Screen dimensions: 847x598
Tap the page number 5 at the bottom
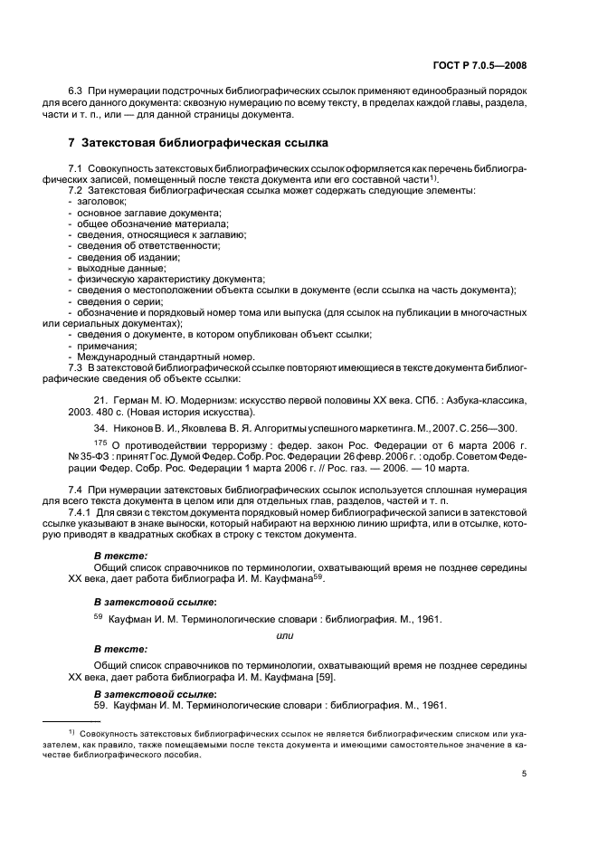coord(525,773)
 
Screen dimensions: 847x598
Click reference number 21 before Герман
coord(100,399)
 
